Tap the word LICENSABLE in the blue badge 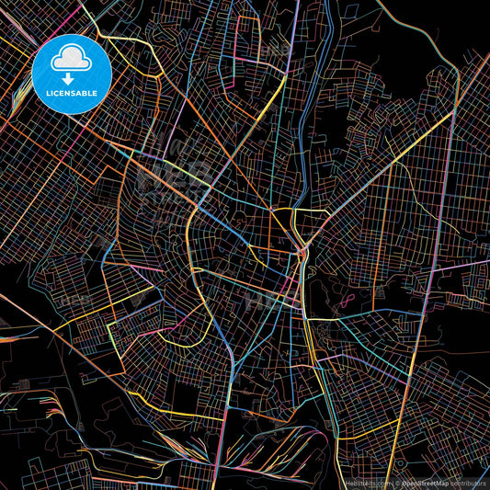[72, 92]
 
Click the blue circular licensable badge [72, 74]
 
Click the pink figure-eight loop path [348, 299]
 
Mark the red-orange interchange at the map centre [302, 250]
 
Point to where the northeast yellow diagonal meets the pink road [452, 114]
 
